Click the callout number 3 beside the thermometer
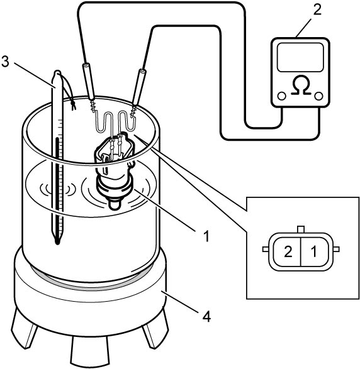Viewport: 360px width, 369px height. [5, 62]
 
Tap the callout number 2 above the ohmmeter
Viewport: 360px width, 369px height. [317, 10]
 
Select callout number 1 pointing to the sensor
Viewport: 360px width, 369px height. [206, 236]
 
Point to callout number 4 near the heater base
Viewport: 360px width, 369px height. [206, 316]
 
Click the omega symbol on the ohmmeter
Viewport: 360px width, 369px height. [300, 85]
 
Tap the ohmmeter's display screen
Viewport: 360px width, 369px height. [300, 57]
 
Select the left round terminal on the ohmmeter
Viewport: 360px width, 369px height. [282, 96]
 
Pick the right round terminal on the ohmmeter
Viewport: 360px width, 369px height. [318, 96]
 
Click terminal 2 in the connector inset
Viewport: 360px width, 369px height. [288, 252]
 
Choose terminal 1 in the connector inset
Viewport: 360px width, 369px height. [314, 252]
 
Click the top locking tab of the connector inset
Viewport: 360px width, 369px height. [301, 229]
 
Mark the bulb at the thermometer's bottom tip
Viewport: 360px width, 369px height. [57, 241]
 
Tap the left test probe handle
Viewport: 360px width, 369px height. [88, 82]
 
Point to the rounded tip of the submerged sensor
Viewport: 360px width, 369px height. [115, 204]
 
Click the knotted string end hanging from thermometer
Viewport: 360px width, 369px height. [74, 105]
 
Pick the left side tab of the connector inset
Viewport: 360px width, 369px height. [266, 249]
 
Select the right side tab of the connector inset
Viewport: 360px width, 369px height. [336, 249]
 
